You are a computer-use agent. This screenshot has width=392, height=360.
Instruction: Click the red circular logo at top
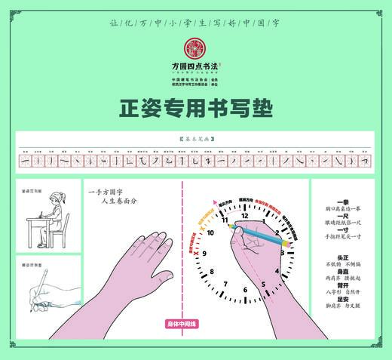[x=195, y=47]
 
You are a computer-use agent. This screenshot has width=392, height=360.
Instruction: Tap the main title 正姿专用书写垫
[x=195, y=109]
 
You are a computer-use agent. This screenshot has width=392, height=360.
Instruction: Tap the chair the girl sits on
[x=62, y=230]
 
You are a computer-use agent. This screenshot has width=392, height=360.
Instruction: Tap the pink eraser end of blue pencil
[x=288, y=245]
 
